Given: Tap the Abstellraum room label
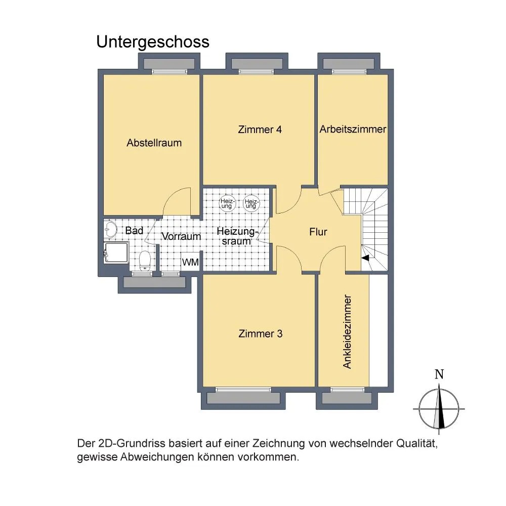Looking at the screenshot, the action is [154, 143].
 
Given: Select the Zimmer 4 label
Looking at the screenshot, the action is [260, 130].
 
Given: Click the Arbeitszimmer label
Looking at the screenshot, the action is [353, 129].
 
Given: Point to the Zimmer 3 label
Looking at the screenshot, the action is [261, 333].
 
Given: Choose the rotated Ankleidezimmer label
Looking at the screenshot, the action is [347, 331].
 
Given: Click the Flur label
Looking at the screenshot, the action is [318, 232].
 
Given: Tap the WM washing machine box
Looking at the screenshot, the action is [190, 262].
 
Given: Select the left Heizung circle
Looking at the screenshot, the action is [227, 203].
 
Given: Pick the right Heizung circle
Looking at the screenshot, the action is [251, 203].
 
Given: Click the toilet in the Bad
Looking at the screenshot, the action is [145, 261].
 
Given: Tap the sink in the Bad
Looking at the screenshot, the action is [111, 229].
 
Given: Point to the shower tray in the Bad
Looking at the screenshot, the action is [116, 252].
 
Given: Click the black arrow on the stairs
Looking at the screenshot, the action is [366, 258].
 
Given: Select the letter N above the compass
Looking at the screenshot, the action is [439, 374].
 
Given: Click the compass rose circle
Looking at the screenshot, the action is [419, 409].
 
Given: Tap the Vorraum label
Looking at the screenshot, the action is [181, 236].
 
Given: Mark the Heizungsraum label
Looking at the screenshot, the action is [237, 236].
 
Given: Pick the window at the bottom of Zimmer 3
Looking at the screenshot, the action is [243, 390].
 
